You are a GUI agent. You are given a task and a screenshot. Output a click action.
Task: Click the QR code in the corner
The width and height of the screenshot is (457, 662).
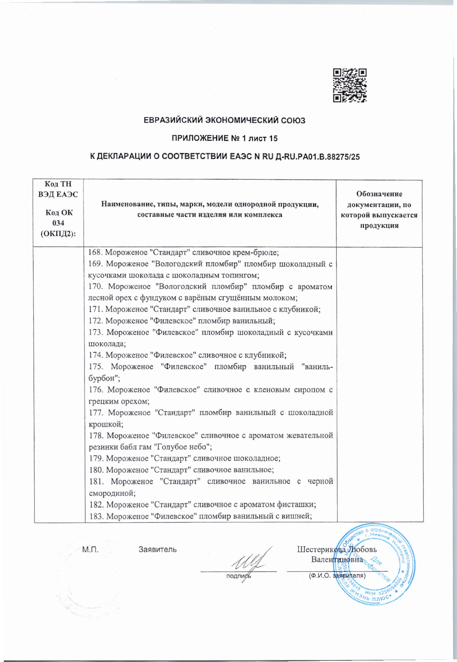click(x=350, y=85)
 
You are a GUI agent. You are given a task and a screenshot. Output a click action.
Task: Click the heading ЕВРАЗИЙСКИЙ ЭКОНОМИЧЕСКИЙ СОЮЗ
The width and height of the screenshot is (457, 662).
click(x=225, y=120)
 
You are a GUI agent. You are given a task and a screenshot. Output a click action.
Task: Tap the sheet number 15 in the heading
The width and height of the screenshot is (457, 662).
click(x=273, y=139)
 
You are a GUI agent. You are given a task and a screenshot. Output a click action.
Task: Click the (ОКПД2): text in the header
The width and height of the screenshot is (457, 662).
click(x=58, y=233)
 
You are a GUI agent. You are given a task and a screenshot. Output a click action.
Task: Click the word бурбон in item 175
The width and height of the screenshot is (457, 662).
click(x=100, y=378)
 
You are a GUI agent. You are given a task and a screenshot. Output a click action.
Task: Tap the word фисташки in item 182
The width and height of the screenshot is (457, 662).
click(x=300, y=504)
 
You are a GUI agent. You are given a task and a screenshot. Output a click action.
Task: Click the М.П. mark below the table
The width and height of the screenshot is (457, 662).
click(x=90, y=549)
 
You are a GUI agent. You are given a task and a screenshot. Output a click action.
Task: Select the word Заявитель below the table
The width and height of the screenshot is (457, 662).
click(x=158, y=549)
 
